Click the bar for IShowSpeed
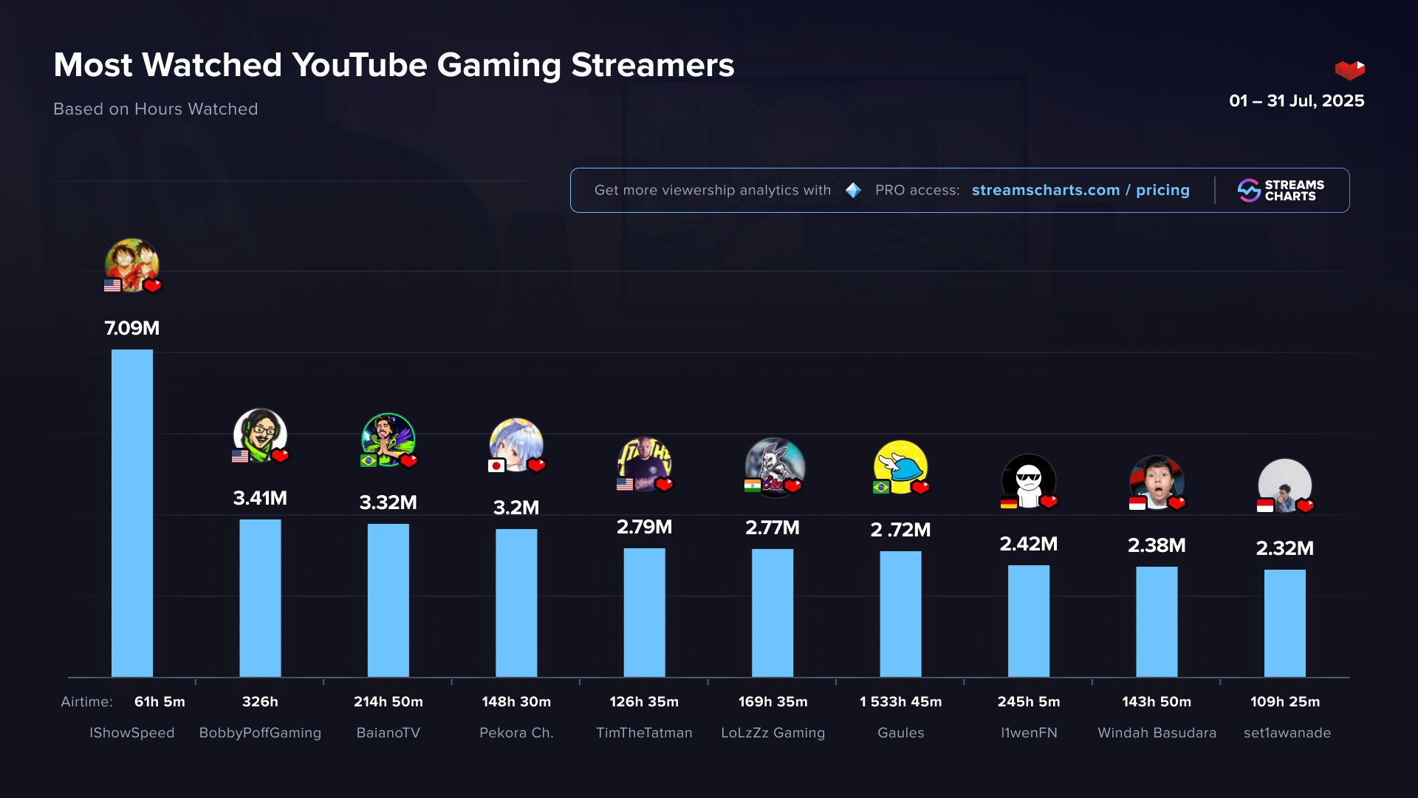[132, 513]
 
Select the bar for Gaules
[900, 613]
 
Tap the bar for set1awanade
[1284, 623]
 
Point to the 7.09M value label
[132, 328]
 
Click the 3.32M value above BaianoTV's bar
[388, 502]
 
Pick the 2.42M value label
[1029, 544]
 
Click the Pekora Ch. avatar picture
[516, 443]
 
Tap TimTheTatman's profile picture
[644, 463]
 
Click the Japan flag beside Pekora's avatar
[496, 465]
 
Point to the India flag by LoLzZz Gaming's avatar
[753, 485]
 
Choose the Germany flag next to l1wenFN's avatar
[1009, 502]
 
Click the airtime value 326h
[260, 701]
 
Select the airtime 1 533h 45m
[900, 701]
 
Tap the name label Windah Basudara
[1157, 732]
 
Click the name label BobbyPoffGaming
[260, 732]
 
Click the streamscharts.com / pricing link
[1080, 190]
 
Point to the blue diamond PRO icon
[853, 190]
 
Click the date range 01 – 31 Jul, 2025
[1296, 100]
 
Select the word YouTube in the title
[360, 65]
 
